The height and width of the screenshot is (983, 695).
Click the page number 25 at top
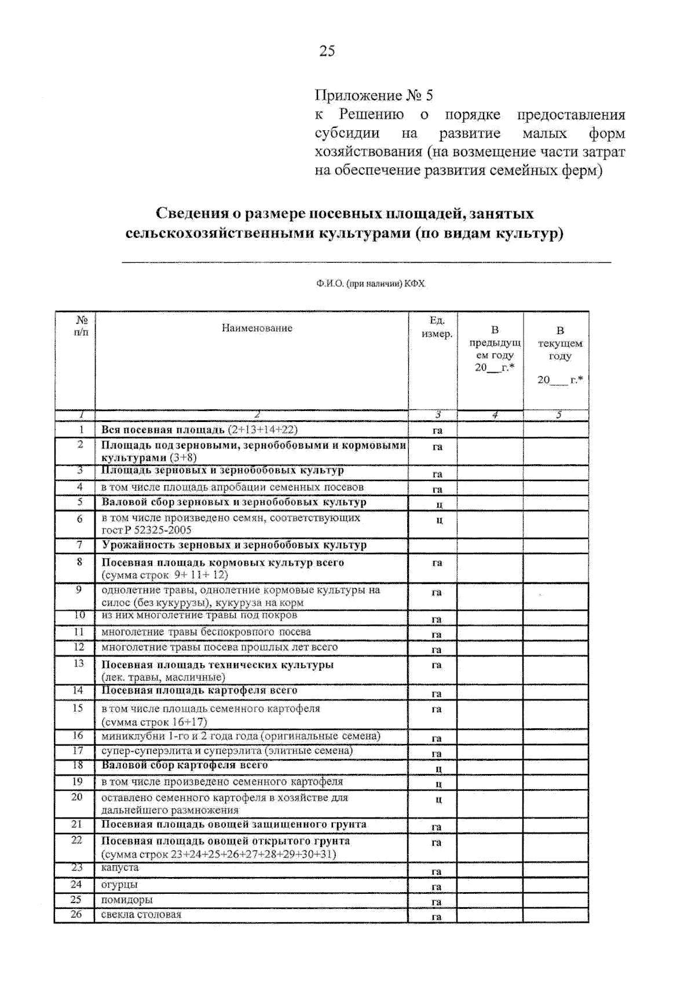click(327, 52)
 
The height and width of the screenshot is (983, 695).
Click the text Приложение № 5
click(374, 96)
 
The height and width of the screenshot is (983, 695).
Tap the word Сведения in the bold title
click(191, 214)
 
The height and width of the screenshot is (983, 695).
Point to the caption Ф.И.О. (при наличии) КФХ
click(370, 284)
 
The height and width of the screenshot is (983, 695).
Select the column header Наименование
click(257, 328)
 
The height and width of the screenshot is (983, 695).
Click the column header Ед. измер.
click(437, 327)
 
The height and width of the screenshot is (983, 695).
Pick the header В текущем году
click(559, 343)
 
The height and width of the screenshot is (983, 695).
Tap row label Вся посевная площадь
click(163, 430)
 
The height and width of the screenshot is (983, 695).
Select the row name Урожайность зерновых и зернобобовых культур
click(234, 545)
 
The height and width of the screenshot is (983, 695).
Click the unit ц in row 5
click(438, 504)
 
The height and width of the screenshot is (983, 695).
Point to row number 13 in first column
click(79, 663)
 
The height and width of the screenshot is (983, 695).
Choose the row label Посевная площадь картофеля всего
click(199, 691)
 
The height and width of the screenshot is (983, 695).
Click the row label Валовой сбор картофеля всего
click(185, 765)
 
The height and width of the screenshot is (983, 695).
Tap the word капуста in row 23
click(120, 868)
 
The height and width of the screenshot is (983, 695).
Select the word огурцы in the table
click(119, 885)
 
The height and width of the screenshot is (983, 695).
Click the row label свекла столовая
click(141, 915)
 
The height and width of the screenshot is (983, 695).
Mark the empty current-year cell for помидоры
click(556, 900)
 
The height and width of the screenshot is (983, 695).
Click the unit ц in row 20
click(438, 799)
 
